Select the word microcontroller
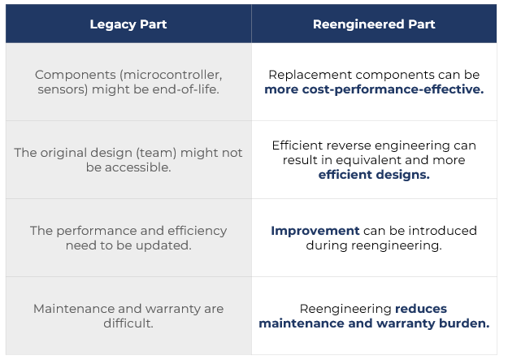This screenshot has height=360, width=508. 172,75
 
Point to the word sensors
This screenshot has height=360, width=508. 63,89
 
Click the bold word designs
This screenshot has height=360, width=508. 402,175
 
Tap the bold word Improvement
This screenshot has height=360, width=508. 315,231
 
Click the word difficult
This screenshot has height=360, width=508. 128,323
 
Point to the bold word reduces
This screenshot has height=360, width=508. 421,309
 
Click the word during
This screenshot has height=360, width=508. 327,245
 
